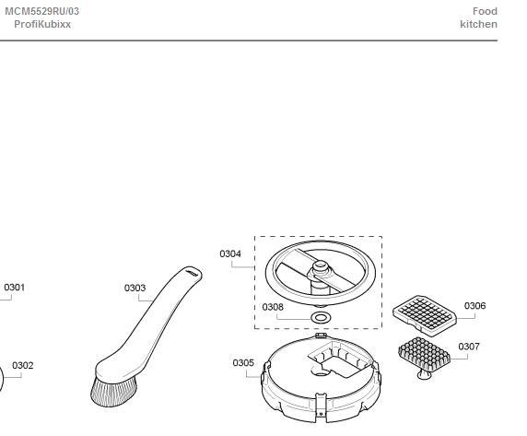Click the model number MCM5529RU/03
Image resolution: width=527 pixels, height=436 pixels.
click(42, 11)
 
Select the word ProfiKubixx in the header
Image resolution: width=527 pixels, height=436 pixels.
click(42, 24)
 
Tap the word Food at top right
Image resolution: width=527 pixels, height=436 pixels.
click(485, 11)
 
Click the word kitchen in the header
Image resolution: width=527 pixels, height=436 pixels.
click(478, 24)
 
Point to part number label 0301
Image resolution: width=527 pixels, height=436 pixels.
click(15, 288)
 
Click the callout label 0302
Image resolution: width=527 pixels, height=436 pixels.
click(22, 365)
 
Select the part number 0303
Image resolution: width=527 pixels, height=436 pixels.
click(135, 289)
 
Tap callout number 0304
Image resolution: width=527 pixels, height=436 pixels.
click(230, 253)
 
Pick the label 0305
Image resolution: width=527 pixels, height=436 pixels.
click(243, 363)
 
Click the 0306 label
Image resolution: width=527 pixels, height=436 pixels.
click(474, 306)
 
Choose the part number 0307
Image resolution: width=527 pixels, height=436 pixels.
click(469, 347)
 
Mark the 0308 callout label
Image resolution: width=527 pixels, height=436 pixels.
click(273, 307)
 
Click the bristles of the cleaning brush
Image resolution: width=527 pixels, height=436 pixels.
click(113, 392)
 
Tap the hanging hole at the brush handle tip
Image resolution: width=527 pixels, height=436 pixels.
click(193, 273)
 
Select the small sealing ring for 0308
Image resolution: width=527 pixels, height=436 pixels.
click(321, 317)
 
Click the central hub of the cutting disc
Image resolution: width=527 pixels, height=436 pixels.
click(320, 269)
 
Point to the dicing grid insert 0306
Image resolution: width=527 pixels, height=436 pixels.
click(425, 316)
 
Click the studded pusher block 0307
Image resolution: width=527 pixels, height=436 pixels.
click(424, 357)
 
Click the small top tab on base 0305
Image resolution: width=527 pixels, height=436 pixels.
click(321, 336)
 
